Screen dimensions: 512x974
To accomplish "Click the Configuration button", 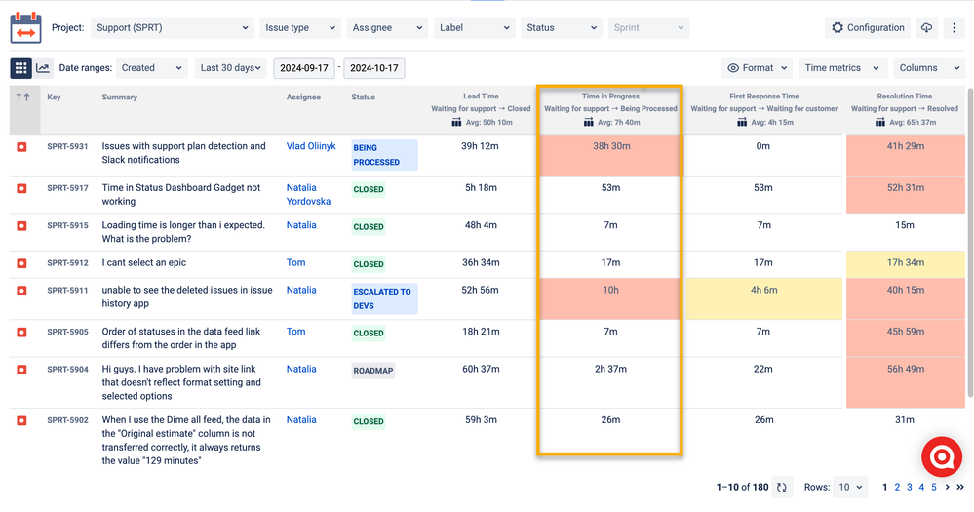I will pos(868,28).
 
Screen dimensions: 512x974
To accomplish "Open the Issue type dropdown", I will pos(298,28).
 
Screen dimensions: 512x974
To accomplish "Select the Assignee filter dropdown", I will pos(388,28).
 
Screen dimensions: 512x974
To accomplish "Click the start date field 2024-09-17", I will pos(303,68).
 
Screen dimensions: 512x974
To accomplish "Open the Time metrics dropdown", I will pos(842,68).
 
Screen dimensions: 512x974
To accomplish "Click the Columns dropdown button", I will pos(926,68).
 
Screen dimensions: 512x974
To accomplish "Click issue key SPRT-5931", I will pos(67,146).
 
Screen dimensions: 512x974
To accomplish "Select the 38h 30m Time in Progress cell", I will pos(610,146).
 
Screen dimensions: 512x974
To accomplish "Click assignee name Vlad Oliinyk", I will pos(311,146).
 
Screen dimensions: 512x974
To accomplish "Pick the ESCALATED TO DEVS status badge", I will pos(384,297).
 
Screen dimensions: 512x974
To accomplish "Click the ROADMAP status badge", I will pos(373,371).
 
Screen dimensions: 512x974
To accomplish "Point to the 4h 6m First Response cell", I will pos(763,290).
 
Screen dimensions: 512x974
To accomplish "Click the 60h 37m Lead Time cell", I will pos(481,369).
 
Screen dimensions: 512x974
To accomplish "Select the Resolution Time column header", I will pos(904,97).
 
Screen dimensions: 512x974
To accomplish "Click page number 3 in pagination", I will pos(909,487).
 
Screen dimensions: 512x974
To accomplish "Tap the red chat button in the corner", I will pos(942,456).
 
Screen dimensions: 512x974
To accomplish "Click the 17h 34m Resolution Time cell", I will pos(904,262).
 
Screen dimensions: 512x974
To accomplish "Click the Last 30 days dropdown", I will pos(231,68).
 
